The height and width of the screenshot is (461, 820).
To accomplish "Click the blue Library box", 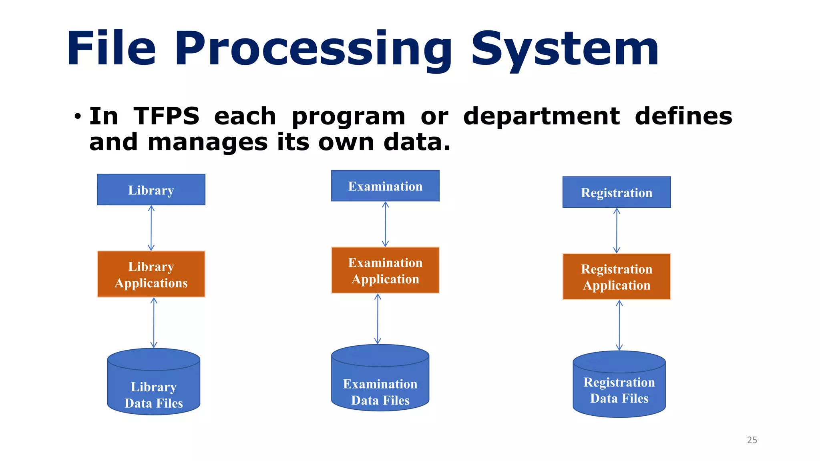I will pos(151,190).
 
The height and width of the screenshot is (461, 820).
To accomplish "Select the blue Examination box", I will pos(385,186).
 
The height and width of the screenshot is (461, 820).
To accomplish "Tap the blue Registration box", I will pos(616,192).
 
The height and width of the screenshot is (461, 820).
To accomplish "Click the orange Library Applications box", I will pos(151,274).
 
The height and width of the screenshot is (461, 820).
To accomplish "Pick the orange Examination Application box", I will pos(385,270).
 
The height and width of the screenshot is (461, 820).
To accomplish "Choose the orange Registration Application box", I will pos(616,277).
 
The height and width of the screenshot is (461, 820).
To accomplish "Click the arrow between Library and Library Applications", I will pos(151,228).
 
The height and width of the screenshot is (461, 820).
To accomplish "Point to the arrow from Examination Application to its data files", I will pos(378,319).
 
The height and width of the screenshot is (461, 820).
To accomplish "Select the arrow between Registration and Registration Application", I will pos(617,230).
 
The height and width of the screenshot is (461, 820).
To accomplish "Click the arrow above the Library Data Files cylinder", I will pos(154,323).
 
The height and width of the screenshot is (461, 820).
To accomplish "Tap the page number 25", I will pos(752,440).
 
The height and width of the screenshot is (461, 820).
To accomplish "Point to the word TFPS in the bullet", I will pos(166,116).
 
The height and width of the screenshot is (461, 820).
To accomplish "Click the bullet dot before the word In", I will pos(78,117).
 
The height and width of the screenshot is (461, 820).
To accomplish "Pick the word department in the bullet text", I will pos(541,117).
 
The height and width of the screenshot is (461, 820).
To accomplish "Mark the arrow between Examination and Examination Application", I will pos(385,224).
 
